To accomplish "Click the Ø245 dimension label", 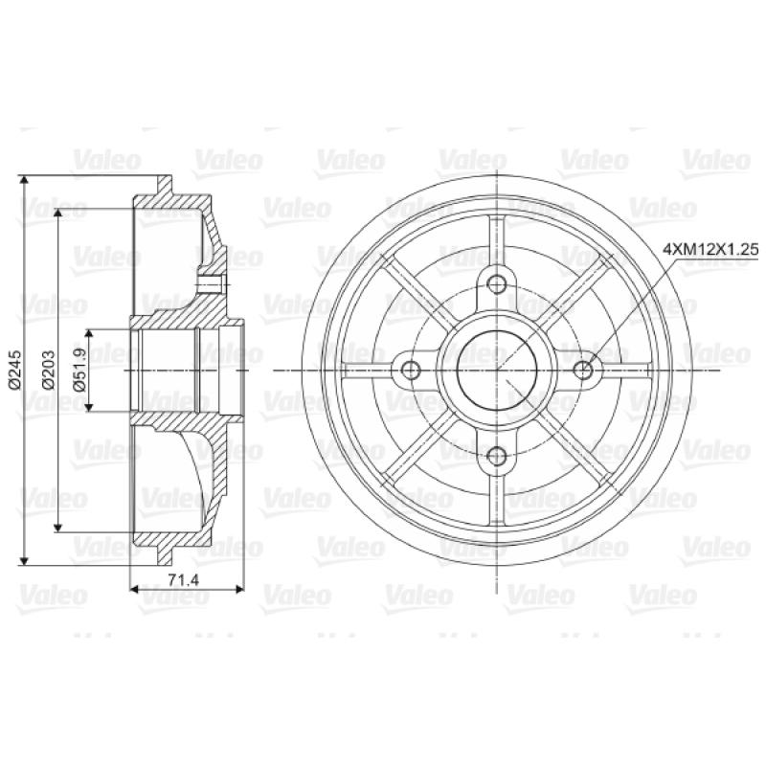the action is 14,370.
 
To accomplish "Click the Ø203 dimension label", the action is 49,370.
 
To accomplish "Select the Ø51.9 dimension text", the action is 80,370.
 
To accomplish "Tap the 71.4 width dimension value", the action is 184,580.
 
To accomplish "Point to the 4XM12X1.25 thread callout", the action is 710,250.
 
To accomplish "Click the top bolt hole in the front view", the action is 497,283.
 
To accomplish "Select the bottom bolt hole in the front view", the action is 497,456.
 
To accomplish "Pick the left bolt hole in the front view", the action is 411,370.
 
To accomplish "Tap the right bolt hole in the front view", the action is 583,370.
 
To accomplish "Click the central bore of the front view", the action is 497,370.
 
